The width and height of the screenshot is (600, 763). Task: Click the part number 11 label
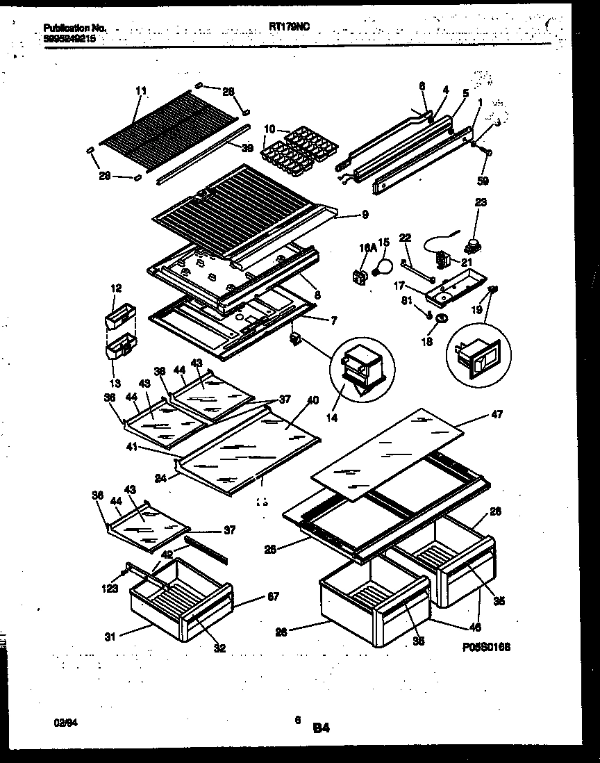pyautogui.click(x=141, y=90)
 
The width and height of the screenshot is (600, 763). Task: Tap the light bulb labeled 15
pyautogui.click(x=381, y=265)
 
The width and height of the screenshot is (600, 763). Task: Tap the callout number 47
pyautogui.click(x=497, y=414)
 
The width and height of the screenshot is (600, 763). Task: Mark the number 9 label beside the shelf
pyautogui.click(x=365, y=215)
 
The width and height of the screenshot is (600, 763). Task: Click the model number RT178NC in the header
pyautogui.click(x=289, y=26)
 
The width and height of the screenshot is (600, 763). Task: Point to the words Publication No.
pyautogui.click(x=75, y=28)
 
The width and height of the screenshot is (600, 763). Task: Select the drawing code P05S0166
pyautogui.click(x=485, y=647)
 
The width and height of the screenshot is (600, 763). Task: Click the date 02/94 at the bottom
pyautogui.click(x=63, y=723)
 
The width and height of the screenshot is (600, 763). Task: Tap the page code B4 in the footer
pyautogui.click(x=321, y=728)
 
